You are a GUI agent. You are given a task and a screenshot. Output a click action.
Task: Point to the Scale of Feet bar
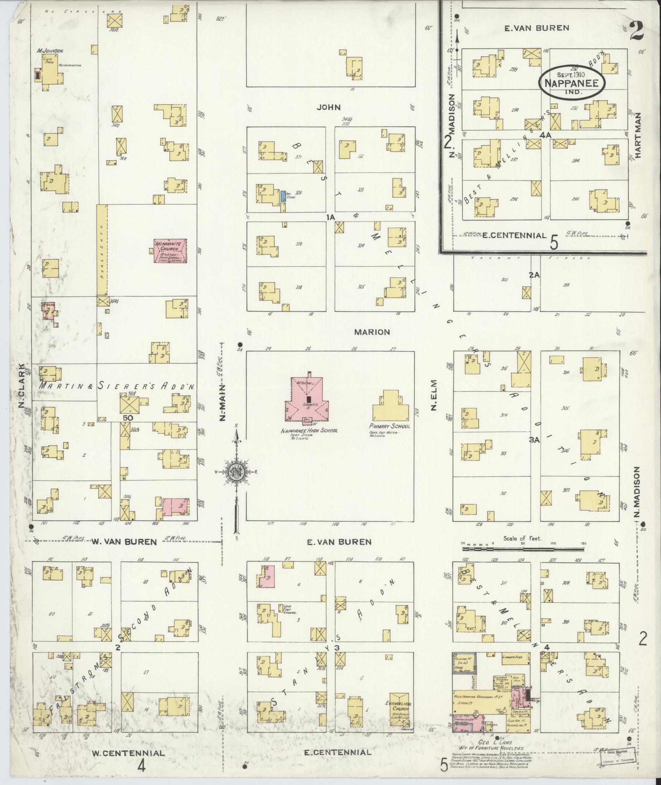(x=522, y=549)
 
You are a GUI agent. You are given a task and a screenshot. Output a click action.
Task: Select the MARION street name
(x=372, y=332)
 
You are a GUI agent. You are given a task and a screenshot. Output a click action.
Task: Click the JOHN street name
(x=329, y=108)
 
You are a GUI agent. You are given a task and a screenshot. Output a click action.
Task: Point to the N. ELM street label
(x=434, y=395)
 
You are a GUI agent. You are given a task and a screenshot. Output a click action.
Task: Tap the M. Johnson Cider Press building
(x=51, y=72)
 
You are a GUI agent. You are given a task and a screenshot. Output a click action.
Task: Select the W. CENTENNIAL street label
(x=128, y=753)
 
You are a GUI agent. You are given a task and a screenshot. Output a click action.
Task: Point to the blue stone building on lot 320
(x=283, y=196)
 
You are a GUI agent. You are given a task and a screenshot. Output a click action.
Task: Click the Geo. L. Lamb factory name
(x=496, y=742)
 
